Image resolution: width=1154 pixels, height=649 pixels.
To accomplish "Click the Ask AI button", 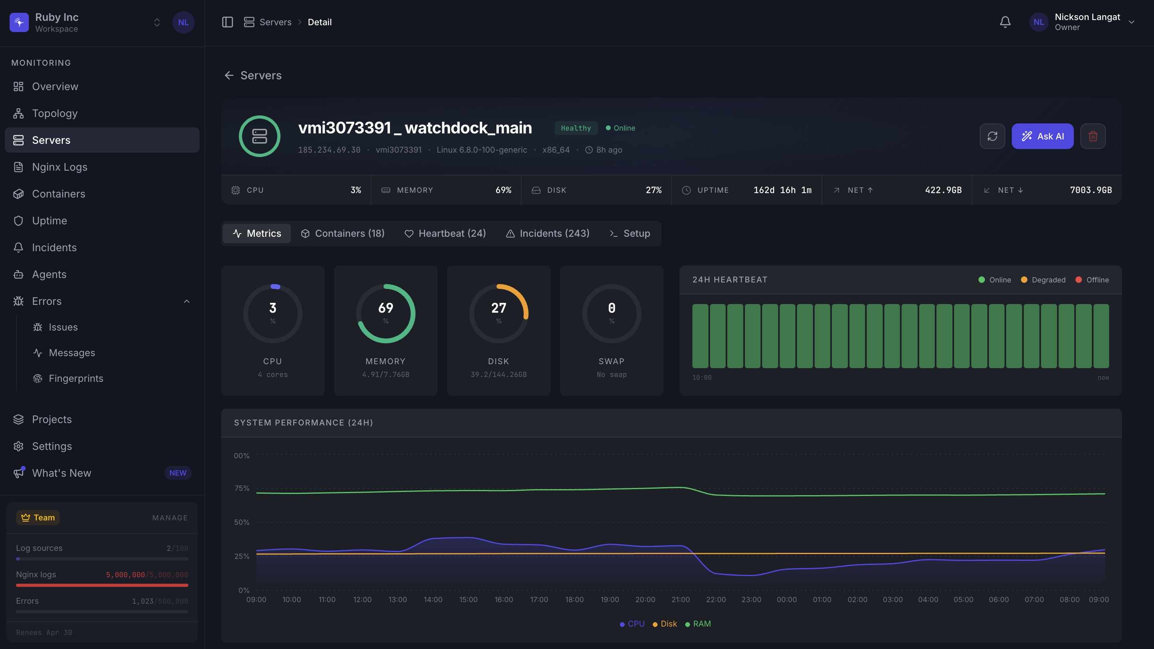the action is point(1043,136).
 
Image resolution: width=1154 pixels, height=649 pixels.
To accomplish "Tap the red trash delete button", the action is point(1093,136).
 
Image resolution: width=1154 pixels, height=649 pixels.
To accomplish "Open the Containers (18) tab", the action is point(343,233).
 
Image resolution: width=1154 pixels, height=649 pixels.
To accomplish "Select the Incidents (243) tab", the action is point(547,233).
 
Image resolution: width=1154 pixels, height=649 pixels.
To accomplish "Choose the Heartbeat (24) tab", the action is point(445,233).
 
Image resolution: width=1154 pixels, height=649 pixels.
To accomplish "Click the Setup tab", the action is point(630,233).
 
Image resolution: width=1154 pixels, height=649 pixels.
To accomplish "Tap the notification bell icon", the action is point(1005,22).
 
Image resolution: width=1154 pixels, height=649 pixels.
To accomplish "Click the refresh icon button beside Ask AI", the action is point(992,136).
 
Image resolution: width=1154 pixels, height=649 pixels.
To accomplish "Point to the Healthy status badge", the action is point(576,128).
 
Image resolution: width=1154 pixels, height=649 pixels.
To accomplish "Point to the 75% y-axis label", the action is point(242,488).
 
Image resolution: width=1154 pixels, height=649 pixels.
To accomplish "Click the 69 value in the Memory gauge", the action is point(386,308).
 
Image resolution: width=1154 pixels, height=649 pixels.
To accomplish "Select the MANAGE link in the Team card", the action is point(170,518).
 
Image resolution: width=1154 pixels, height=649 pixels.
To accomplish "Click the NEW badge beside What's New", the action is point(178,473).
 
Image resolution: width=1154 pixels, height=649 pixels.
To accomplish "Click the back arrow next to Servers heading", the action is point(229,75).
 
